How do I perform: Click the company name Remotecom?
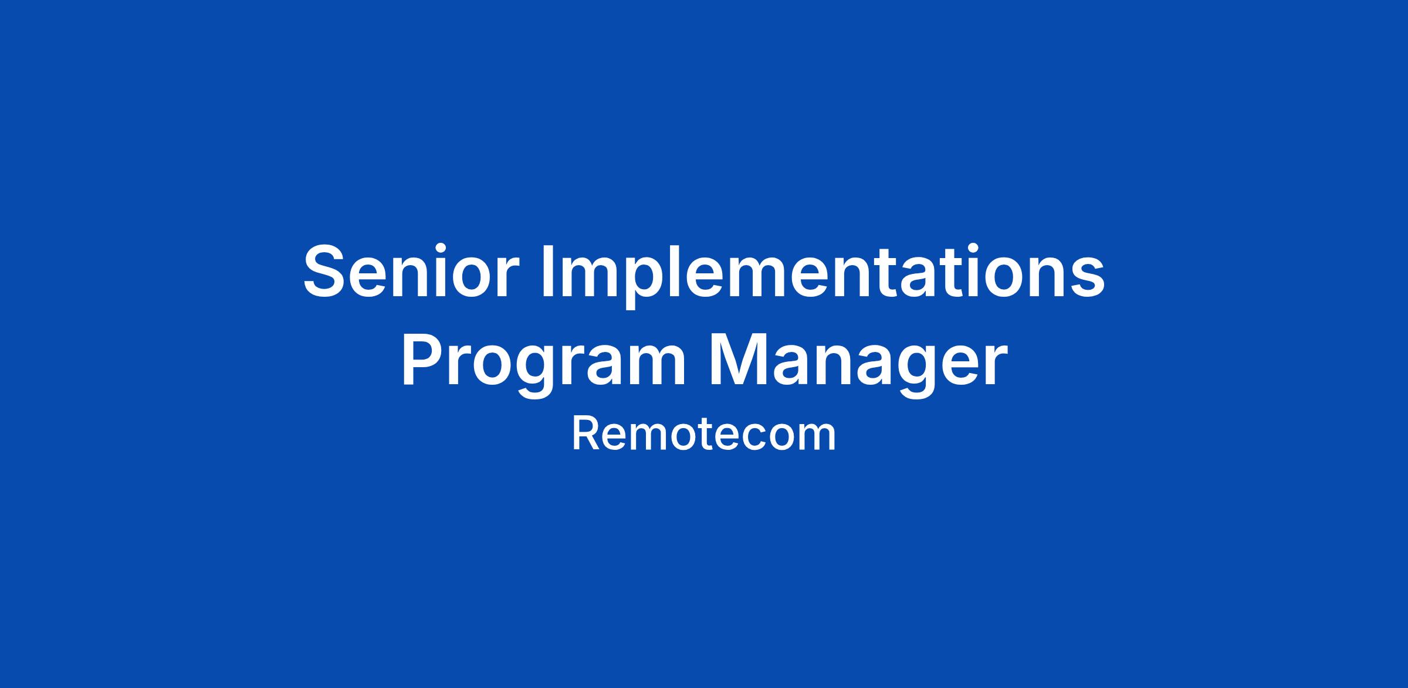(703, 435)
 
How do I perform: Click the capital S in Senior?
(324, 271)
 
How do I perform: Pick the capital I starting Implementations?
(547, 271)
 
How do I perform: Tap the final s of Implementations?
(1086, 278)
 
